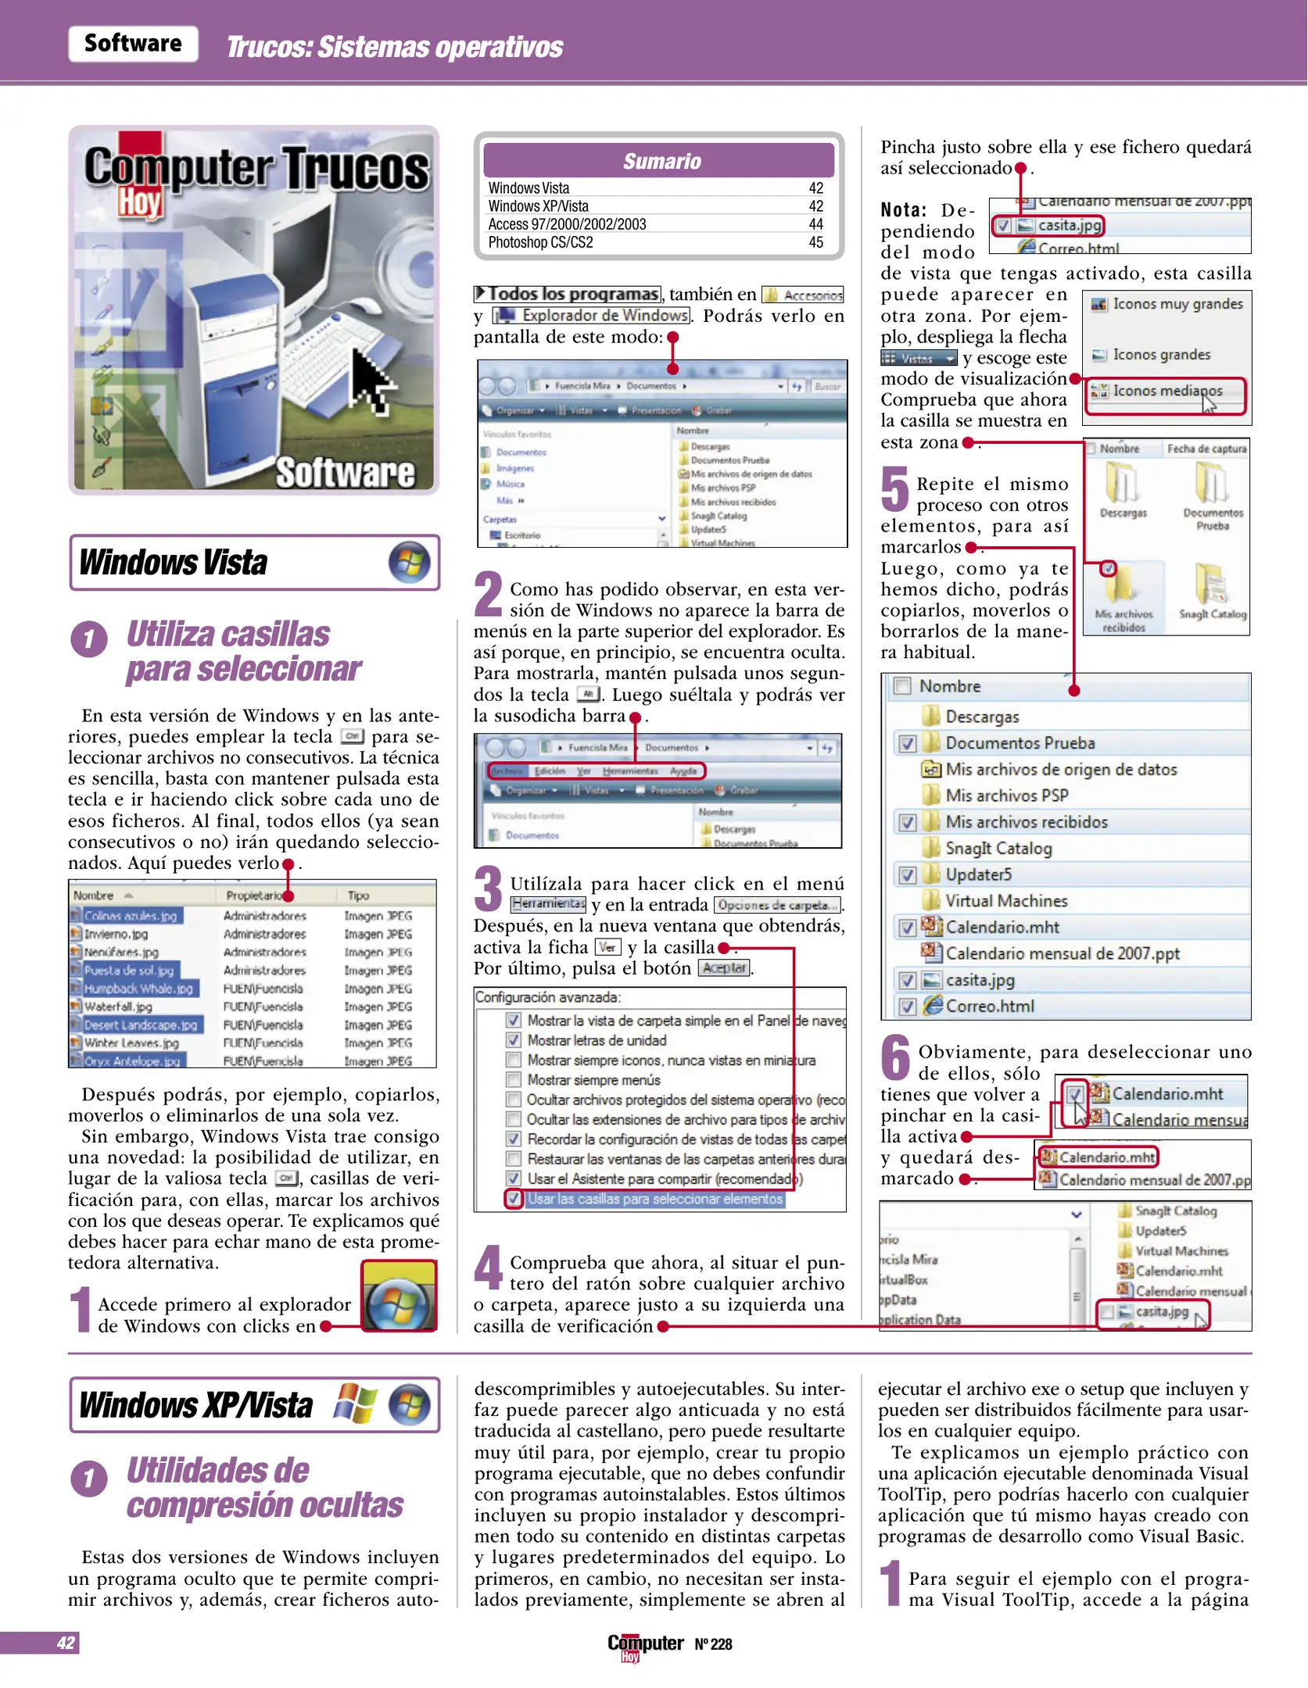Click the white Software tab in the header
coord(133,44)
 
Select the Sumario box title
coord(661,161)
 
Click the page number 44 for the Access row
coord(815,224)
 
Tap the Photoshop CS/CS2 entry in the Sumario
coord(540,242)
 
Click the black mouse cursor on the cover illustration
coord(371,380)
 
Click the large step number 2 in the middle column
coord(489,594)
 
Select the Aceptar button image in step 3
coord(724,968)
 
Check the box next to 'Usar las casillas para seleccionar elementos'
coord(513,1199)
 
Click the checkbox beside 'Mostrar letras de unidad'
coord(513,1040)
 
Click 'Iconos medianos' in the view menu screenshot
coord(1166,391)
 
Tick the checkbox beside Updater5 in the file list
coord(907,875)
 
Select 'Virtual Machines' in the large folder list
coord(1005,901)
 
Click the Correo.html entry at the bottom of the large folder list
coord(989,1007)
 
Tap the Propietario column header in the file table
coord(253,896)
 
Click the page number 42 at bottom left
coord(66,1643)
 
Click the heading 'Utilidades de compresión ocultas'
coord(264,1487)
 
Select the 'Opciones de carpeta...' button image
coord(777,905)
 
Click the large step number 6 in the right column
coord(896,1057)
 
